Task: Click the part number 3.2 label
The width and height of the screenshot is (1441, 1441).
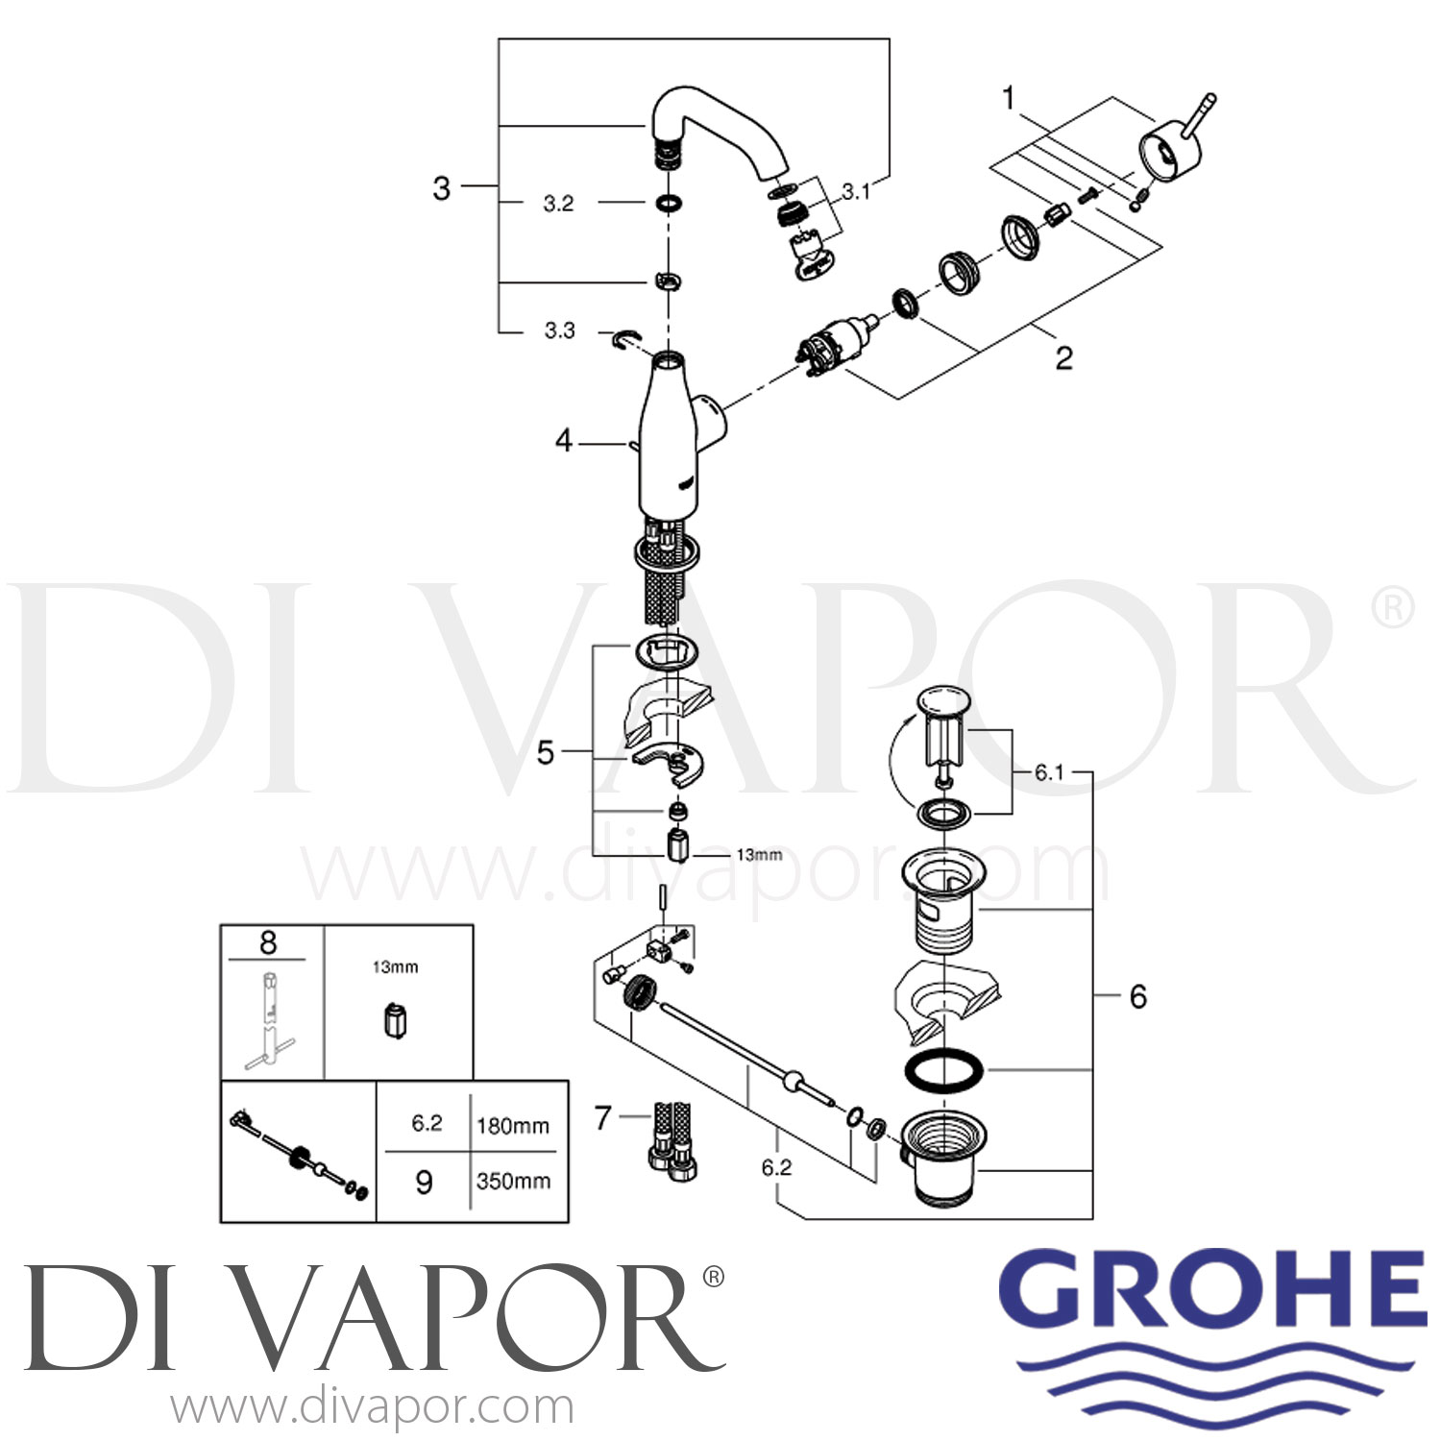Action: [558, 204]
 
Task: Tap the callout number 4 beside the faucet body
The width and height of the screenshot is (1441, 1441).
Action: [564, 441]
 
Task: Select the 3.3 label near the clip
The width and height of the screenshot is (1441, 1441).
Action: [559, 330]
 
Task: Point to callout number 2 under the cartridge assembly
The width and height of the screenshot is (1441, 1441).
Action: [1063, 358]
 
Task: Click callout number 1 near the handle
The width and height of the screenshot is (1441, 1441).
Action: [1009, 98]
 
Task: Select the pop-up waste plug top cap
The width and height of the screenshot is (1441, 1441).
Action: [944, 700]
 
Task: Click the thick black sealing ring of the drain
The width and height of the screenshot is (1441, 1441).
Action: [944, 1069]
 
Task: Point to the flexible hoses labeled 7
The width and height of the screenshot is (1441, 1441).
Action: [670, 1137]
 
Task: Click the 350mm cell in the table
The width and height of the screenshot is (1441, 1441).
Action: [513, 1181]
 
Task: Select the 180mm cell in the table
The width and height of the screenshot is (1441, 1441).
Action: [513, 1125]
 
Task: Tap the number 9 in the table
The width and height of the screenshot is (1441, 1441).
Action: [424, 1182]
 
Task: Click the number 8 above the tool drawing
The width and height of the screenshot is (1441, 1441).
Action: [268, 942]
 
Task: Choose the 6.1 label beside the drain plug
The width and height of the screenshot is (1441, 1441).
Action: [1049, 772]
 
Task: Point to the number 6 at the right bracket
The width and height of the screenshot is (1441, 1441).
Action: [1137, 996]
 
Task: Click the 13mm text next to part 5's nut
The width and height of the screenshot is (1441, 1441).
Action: [759, 854]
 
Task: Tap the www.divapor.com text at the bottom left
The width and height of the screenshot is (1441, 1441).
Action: [373, 1408]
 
